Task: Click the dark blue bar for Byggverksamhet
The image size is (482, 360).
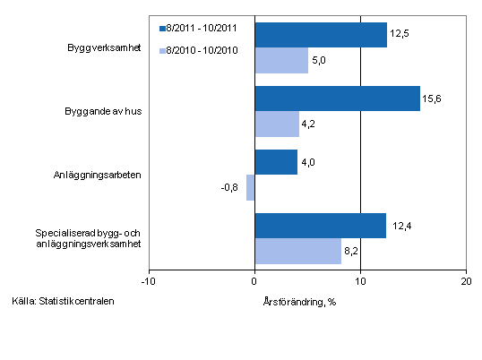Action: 321,35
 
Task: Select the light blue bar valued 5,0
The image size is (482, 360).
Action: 281,60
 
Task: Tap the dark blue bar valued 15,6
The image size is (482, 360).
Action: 337,99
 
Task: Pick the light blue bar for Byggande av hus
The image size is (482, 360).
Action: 277,124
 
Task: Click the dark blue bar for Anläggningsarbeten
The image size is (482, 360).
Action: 276,162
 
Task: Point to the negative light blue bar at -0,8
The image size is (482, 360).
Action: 251,187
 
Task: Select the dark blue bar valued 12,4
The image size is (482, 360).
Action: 320,226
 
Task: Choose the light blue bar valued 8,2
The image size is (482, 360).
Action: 298,252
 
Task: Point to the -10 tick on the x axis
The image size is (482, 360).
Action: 149,282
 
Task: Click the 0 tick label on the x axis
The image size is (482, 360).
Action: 254,282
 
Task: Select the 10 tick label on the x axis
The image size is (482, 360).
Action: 360,282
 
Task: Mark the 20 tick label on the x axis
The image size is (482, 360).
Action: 465,282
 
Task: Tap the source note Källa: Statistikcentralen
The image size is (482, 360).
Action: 64,300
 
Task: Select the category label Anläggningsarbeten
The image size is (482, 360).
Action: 100,175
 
